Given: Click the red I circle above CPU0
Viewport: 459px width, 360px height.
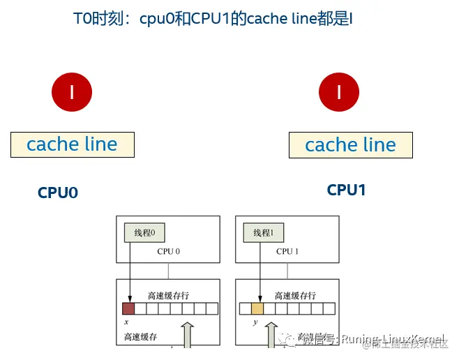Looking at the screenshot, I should point(72,91).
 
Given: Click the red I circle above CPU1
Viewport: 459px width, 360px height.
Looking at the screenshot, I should point(339,92).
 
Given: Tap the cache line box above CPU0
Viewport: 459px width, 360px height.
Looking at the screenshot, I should point(72,144).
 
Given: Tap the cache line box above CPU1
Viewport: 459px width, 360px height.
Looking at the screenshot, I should point(350,145).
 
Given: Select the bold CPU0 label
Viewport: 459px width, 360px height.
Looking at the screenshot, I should point(58,193).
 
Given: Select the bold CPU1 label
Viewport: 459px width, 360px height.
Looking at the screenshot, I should point(346,190).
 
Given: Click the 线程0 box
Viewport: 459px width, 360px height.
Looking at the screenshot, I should point(144,233).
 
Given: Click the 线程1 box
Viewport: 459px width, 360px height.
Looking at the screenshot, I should point(264,233).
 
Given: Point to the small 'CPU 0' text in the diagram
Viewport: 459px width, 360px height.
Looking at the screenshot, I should point(169,252).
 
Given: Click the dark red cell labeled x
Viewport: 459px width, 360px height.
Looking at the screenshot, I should point(128,308).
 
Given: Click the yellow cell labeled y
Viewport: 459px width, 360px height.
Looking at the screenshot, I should point(257,308).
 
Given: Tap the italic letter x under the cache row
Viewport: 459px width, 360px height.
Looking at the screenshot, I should point(126,323).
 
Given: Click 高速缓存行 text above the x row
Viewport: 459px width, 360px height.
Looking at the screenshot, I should point(167,295).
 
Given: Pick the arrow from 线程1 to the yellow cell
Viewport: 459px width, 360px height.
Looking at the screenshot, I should point(260,272).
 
